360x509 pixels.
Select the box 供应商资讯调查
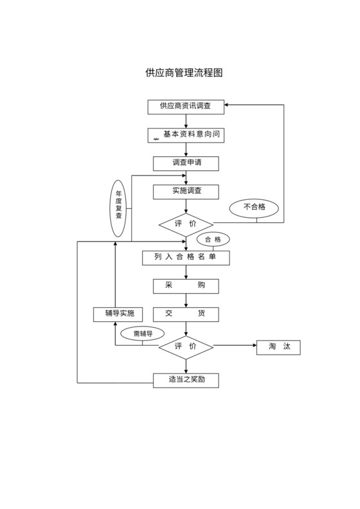[x=186, y=105]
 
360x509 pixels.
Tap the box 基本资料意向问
[x=186, y=135]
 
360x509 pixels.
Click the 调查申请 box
[x=186, y=163]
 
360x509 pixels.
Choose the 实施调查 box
[x=186, y=192]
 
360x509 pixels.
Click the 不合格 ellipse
[x=256, y=208]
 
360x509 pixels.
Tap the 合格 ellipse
[x=213, y=240]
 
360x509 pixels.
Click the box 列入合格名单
[x=186, y=258]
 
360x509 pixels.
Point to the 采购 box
[x=186, y=286]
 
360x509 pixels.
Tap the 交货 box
[x=186, y=314]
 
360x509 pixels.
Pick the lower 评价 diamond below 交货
[x=186, y=347]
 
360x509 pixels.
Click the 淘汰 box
[x=278, y=347]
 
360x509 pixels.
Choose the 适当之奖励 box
[x=186, y=380]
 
